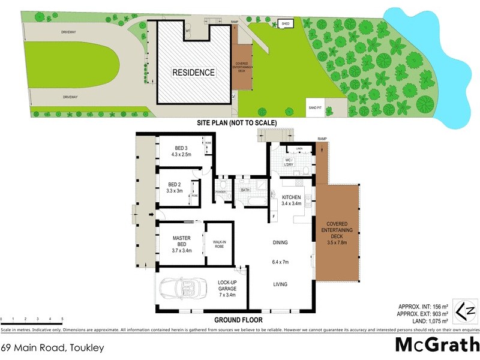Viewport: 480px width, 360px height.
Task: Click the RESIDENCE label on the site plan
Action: [x=194, y=73]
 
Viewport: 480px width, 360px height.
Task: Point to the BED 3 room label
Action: [x=182, y=148]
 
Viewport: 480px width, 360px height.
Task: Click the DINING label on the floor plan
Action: [x=280, y=242]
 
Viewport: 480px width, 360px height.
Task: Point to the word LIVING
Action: [x=280, y=284]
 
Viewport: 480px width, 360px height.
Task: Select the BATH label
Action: [x=245, y=190]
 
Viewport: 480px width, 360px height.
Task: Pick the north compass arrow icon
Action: [x=464, y=309]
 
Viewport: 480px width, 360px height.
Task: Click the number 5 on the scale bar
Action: [x=62, y=320]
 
